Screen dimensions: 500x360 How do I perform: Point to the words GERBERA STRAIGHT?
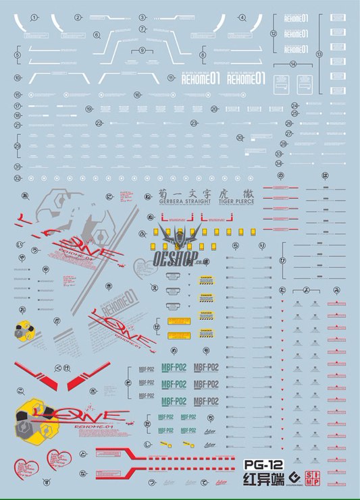pyautogui.click(x=178, y=200)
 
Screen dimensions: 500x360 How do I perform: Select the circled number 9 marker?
pyautogui.click(x=143, y=51)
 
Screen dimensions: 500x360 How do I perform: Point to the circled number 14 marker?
pyautogui.click(x=292, y=64)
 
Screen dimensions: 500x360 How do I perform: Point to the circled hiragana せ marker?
pyautogui.click(x=157, y=327)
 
